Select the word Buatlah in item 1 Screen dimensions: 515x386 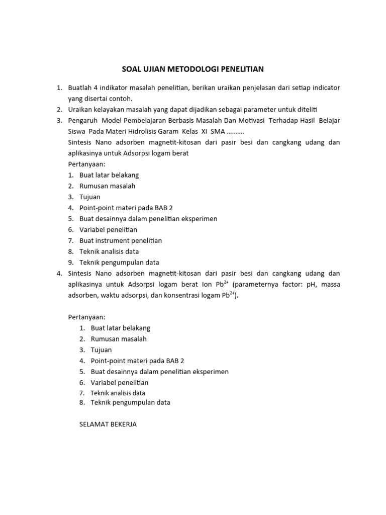[80, 88]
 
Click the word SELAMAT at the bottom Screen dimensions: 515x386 [94, 424]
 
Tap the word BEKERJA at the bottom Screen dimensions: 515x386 [124, 424]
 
